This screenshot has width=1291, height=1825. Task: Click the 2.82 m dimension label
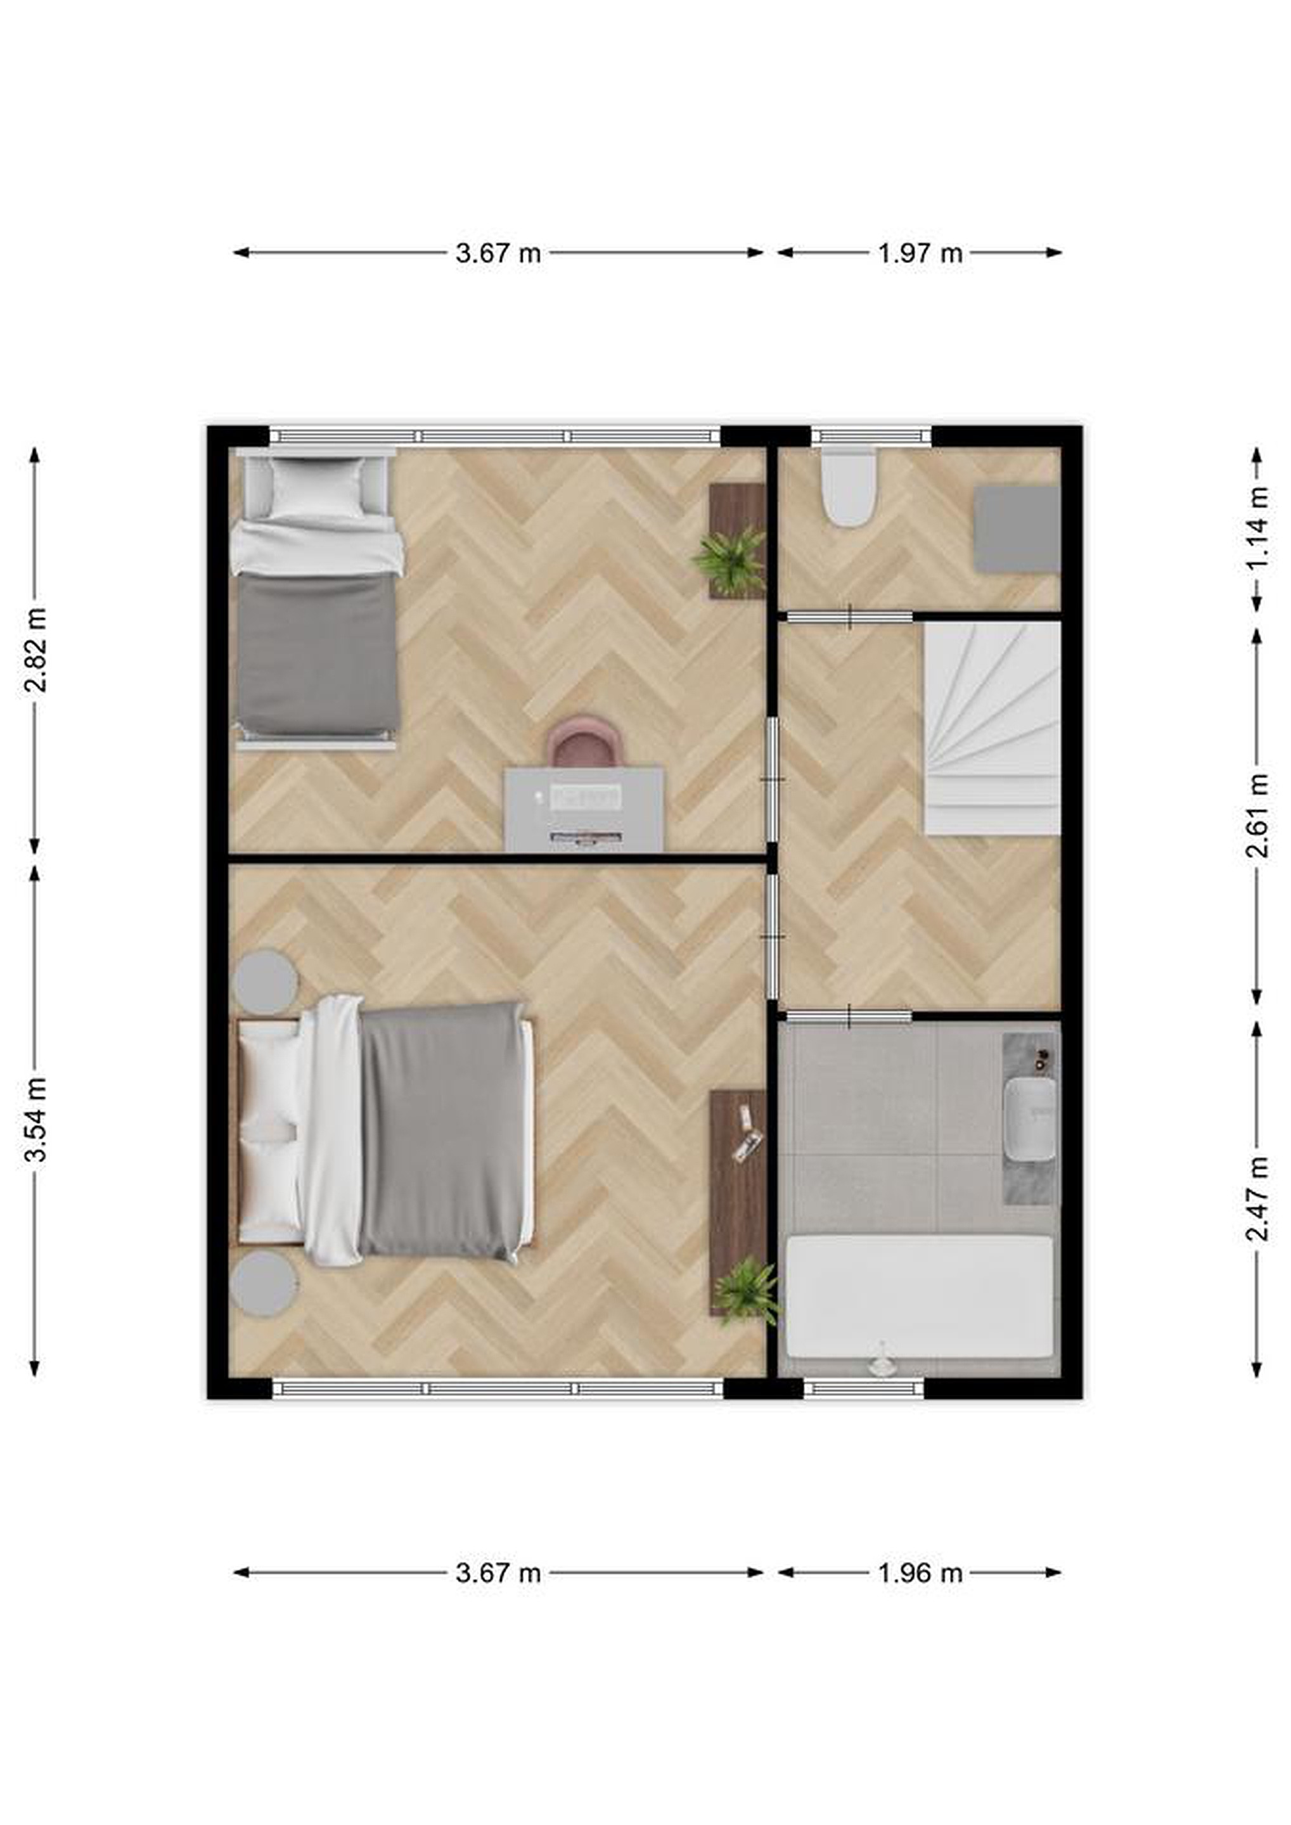35,650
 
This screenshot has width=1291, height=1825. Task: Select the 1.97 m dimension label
920,253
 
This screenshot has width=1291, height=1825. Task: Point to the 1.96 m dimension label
920,1573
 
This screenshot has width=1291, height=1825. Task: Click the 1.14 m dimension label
1257,528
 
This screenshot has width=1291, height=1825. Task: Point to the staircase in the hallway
992,728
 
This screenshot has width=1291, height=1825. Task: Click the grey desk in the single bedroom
584,809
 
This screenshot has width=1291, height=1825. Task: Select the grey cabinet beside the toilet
1018,529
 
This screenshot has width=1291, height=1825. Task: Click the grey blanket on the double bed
442,1132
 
